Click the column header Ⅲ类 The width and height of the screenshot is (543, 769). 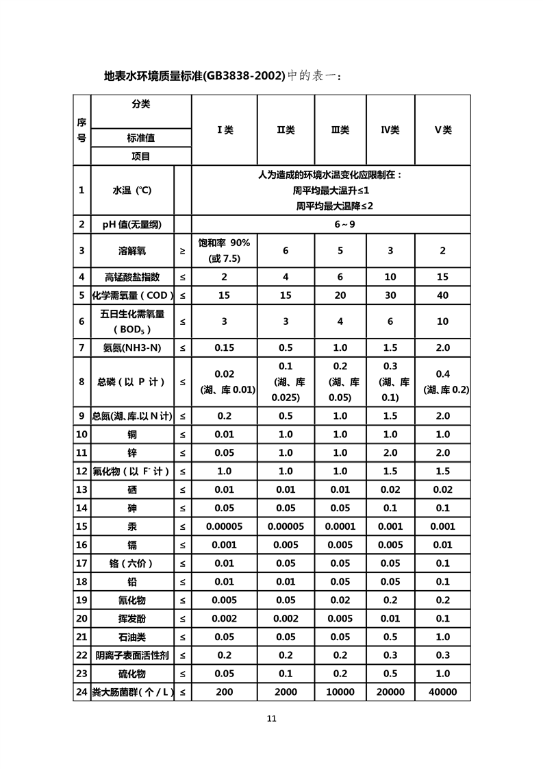(340, 130)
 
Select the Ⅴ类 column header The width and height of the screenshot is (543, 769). (443, 130)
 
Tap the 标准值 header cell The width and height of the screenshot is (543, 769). (141, 138)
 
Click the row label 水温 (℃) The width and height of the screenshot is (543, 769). (132, 191)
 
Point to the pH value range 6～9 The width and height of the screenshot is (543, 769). (340, 224)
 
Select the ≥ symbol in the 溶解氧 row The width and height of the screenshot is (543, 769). (182, 251)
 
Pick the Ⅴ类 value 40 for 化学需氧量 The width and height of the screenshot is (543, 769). (443, 295)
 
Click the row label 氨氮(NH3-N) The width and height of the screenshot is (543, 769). (132, 347)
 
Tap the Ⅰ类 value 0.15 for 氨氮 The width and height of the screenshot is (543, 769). (225, 347)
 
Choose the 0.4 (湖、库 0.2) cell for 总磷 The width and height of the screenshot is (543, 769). (443, 382)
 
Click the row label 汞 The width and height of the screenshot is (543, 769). (132, 526)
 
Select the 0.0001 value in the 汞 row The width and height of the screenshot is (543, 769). (340, 526)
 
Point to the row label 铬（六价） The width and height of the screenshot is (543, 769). (132, 563)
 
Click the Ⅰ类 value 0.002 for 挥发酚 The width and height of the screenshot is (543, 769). (225, 619)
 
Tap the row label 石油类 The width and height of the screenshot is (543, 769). (132, 637)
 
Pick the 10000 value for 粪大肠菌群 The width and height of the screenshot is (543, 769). (340, 692)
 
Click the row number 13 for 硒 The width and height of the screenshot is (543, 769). (81, 489)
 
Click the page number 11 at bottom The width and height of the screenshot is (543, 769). (271, 719)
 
